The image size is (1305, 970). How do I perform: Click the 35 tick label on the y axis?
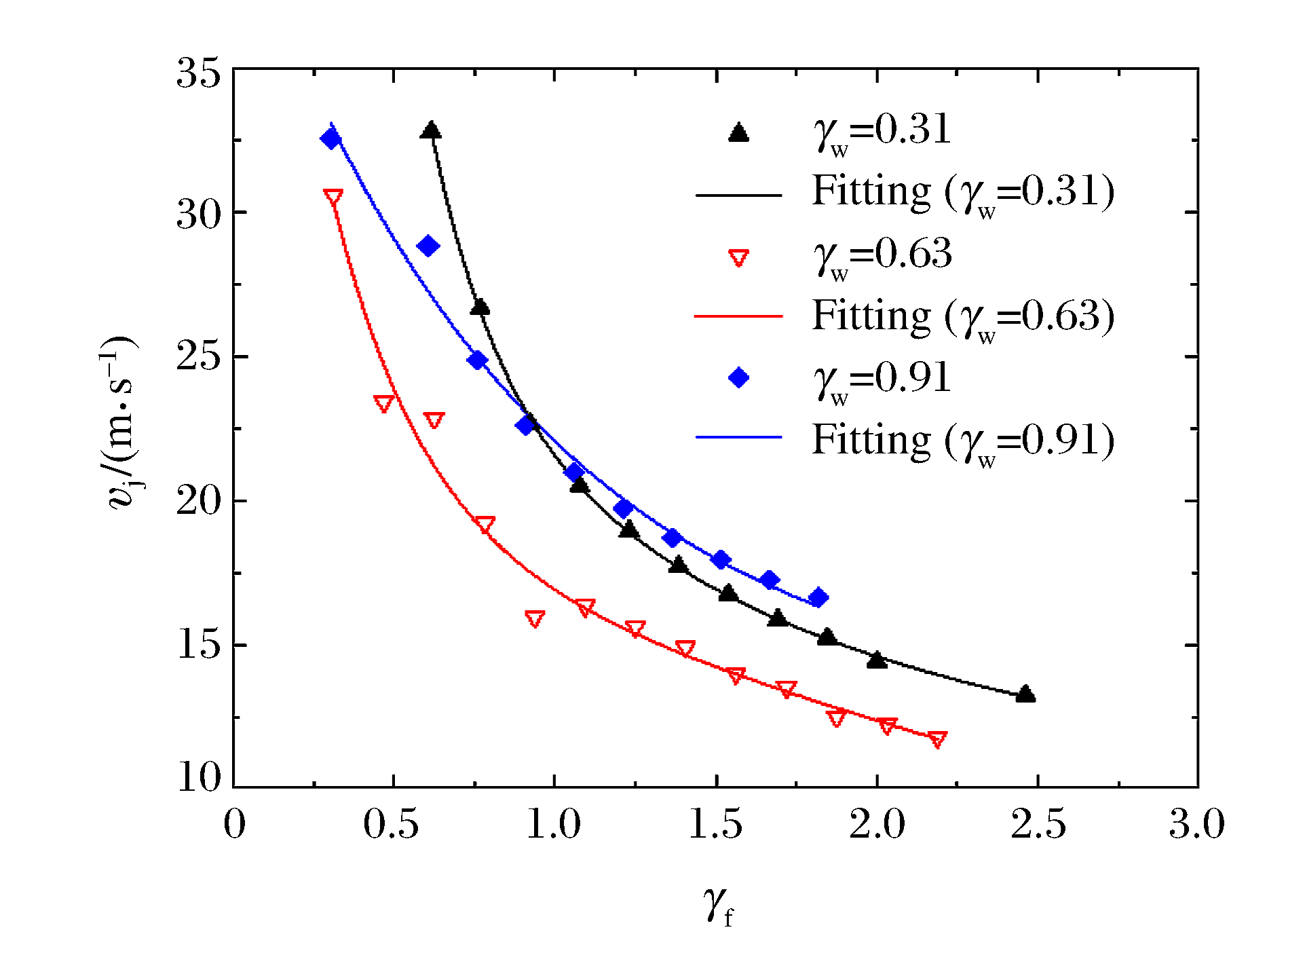199,73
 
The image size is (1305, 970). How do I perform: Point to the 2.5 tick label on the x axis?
1038,824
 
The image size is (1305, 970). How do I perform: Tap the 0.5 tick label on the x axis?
392,824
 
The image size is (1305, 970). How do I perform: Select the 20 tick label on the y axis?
199,501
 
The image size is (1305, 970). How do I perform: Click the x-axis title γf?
719,906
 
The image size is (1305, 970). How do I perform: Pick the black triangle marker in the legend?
738,132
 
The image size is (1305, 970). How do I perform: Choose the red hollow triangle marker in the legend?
738,258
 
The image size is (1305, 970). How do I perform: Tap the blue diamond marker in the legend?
738,377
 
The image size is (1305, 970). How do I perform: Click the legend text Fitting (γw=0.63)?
963,316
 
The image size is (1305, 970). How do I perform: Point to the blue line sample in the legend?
738,436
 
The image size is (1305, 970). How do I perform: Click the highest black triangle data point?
431,130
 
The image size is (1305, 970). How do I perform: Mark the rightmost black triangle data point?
1025,694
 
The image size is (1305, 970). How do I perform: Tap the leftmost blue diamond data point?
331,139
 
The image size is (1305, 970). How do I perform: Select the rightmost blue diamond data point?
818,597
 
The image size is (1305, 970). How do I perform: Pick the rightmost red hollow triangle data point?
937,739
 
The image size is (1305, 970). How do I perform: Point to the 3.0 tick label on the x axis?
1196,824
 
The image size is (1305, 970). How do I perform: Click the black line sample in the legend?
738,195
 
